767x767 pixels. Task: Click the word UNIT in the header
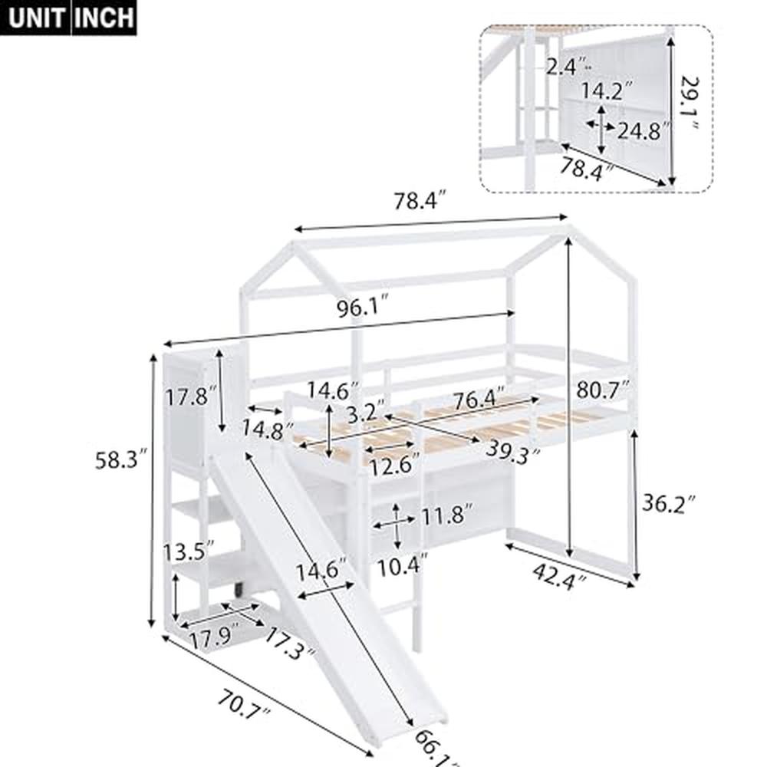point(37,17)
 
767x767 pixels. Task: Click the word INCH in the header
point(104,17)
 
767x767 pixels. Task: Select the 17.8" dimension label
point(186,397)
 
